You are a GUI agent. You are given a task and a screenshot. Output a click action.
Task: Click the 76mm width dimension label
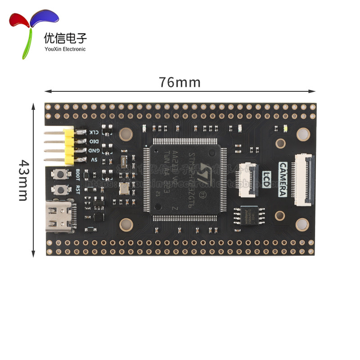180,83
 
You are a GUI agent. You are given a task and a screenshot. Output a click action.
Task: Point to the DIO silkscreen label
94,141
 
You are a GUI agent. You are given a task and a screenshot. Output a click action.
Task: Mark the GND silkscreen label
94,150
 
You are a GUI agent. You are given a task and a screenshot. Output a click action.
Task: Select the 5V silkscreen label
94,159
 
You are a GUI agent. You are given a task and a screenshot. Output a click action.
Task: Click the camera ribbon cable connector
305,179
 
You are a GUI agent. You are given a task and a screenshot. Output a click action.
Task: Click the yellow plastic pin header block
69,146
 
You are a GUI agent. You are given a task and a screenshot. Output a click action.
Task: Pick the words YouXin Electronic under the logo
64,49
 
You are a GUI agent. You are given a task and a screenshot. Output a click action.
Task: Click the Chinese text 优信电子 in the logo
65,38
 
